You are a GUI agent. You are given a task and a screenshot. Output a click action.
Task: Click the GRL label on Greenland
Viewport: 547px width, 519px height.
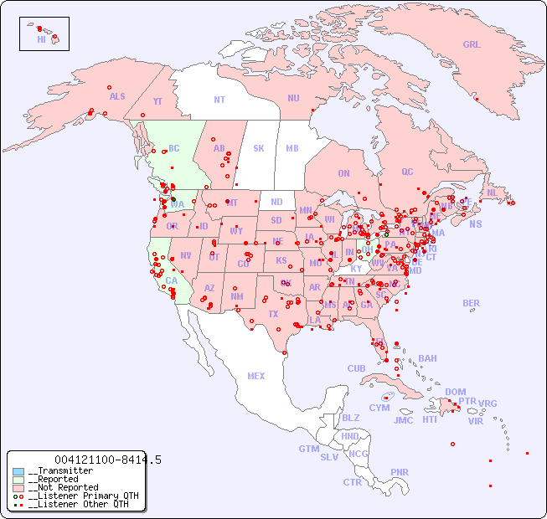472,45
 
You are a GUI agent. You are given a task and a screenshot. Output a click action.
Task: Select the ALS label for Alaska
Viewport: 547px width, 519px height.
117,96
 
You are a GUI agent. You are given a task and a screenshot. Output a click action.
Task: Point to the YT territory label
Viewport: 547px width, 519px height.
157,101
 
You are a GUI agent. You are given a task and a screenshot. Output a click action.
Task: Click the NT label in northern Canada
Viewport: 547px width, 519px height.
219,100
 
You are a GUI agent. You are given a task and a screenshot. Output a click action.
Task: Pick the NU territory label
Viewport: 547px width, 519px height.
293,98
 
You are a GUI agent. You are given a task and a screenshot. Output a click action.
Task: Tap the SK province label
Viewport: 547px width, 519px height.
259,148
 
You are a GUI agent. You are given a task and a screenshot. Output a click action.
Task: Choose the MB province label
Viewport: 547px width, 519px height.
292,148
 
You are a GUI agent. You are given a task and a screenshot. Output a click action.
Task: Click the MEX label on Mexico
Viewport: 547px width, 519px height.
256,376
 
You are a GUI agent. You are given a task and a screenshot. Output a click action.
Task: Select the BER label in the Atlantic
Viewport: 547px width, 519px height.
471,303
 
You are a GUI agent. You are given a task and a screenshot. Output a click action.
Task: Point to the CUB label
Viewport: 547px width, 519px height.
356,368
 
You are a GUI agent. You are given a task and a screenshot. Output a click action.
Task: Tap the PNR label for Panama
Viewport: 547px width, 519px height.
400,472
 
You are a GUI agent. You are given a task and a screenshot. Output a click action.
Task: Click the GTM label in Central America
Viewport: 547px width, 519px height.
308,449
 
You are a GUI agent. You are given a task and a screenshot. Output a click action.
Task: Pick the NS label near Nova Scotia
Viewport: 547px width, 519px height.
475,224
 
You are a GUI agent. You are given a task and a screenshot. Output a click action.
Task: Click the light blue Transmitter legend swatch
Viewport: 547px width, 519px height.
18,471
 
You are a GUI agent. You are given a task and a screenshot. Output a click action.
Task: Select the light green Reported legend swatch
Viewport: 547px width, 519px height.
18,480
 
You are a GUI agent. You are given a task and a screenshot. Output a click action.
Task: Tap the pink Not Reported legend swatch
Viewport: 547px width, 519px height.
18,487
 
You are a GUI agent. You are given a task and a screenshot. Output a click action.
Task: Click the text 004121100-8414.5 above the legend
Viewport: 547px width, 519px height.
107,460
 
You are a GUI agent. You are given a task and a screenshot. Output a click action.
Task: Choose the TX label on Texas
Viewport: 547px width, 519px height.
272,314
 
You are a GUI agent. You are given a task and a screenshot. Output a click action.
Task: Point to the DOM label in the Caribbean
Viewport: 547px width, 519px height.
455,392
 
